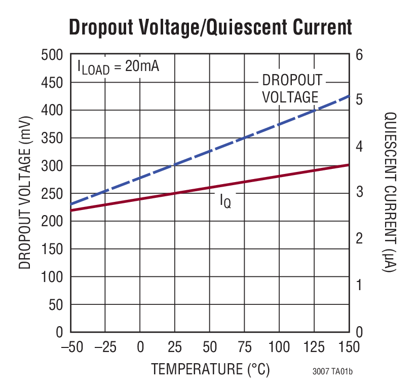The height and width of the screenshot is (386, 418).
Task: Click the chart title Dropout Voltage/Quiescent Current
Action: pos(210,27)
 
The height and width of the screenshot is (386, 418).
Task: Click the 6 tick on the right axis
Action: pos(359,55)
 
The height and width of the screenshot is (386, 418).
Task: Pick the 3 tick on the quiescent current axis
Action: pos(359,193)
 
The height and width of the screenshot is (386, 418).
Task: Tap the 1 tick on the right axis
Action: pos(359,286)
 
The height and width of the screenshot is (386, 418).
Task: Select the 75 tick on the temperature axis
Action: pos(244,348)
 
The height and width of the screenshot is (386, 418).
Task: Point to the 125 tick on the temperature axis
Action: pos(314,348)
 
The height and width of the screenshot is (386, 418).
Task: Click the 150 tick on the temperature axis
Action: pos(349,348)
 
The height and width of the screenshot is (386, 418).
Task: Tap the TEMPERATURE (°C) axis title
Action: pos(210,369)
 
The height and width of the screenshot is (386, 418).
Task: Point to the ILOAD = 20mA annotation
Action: pos(118,66)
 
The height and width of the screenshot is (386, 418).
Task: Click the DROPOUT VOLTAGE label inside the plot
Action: pos(291,89)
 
